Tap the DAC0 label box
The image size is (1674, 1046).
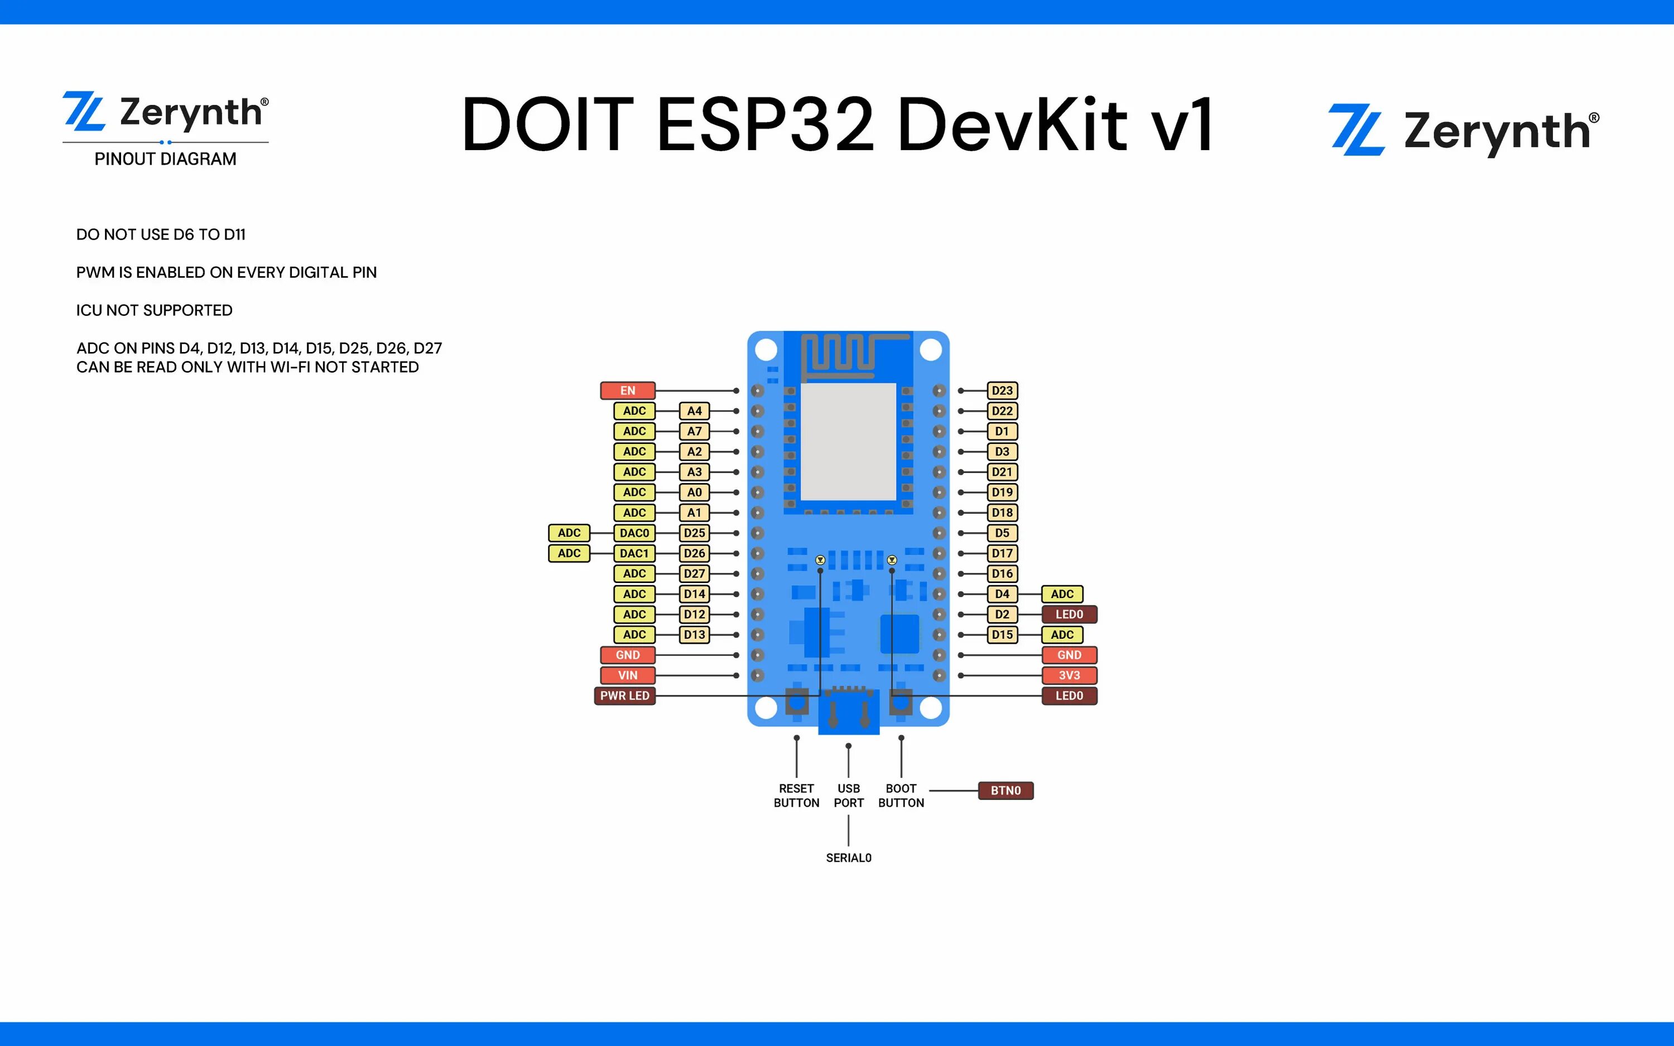(634, 533)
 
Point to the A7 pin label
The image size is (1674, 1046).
(694, 432)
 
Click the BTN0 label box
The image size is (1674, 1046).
(1005, 790)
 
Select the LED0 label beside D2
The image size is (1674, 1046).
(1069, 614)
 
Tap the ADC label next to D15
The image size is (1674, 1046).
(1062, 635)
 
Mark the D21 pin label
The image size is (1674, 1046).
(1002, 473)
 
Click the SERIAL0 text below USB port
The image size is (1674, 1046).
(848, 858)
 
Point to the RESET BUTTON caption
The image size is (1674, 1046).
(796, 796)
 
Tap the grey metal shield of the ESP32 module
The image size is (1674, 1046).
(848, 441)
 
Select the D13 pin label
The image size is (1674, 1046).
(694, 635)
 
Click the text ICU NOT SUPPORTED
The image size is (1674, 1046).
(154, 311)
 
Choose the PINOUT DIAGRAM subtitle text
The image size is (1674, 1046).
(165, 159)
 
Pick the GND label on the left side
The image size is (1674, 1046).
(627, 655)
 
